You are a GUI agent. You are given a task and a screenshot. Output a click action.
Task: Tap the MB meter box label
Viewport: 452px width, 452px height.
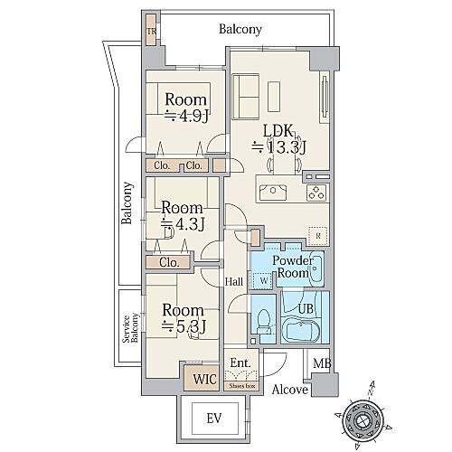(321, 364)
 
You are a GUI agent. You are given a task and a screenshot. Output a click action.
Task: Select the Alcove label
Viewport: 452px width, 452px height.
(290, 391)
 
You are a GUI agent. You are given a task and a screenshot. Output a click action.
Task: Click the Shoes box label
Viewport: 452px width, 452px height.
(241, 386)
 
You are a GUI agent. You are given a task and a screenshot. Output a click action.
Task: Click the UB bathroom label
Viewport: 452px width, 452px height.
(306, 309)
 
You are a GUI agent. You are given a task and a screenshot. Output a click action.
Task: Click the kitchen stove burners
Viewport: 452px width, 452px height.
(317, 191)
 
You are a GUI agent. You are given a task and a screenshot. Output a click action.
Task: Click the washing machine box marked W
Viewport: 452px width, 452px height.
(263, 282)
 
